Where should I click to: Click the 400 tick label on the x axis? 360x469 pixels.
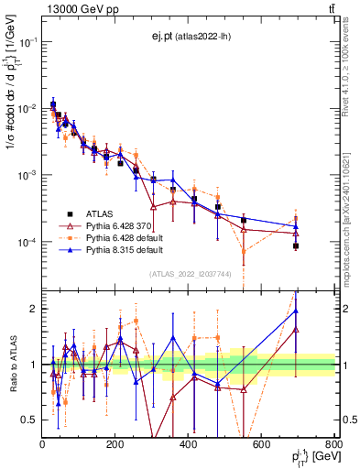[189, 444]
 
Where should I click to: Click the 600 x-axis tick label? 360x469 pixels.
[262, 444]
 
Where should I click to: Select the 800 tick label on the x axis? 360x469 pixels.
[333, 444]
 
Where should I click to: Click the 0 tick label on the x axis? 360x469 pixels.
[43, 444]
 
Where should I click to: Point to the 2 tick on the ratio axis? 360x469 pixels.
[34, 309]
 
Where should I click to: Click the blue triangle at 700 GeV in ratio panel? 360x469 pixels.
[296, 311]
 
